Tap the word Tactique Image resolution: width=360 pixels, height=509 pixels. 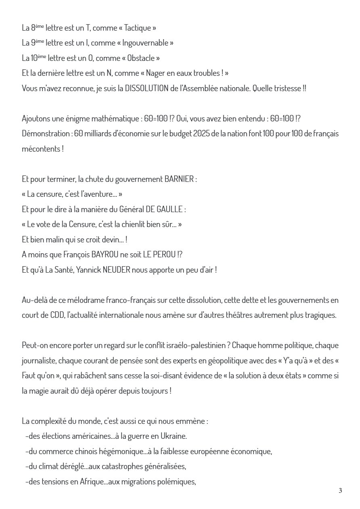[138, 28]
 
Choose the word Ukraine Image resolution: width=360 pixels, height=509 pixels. [174, 436]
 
